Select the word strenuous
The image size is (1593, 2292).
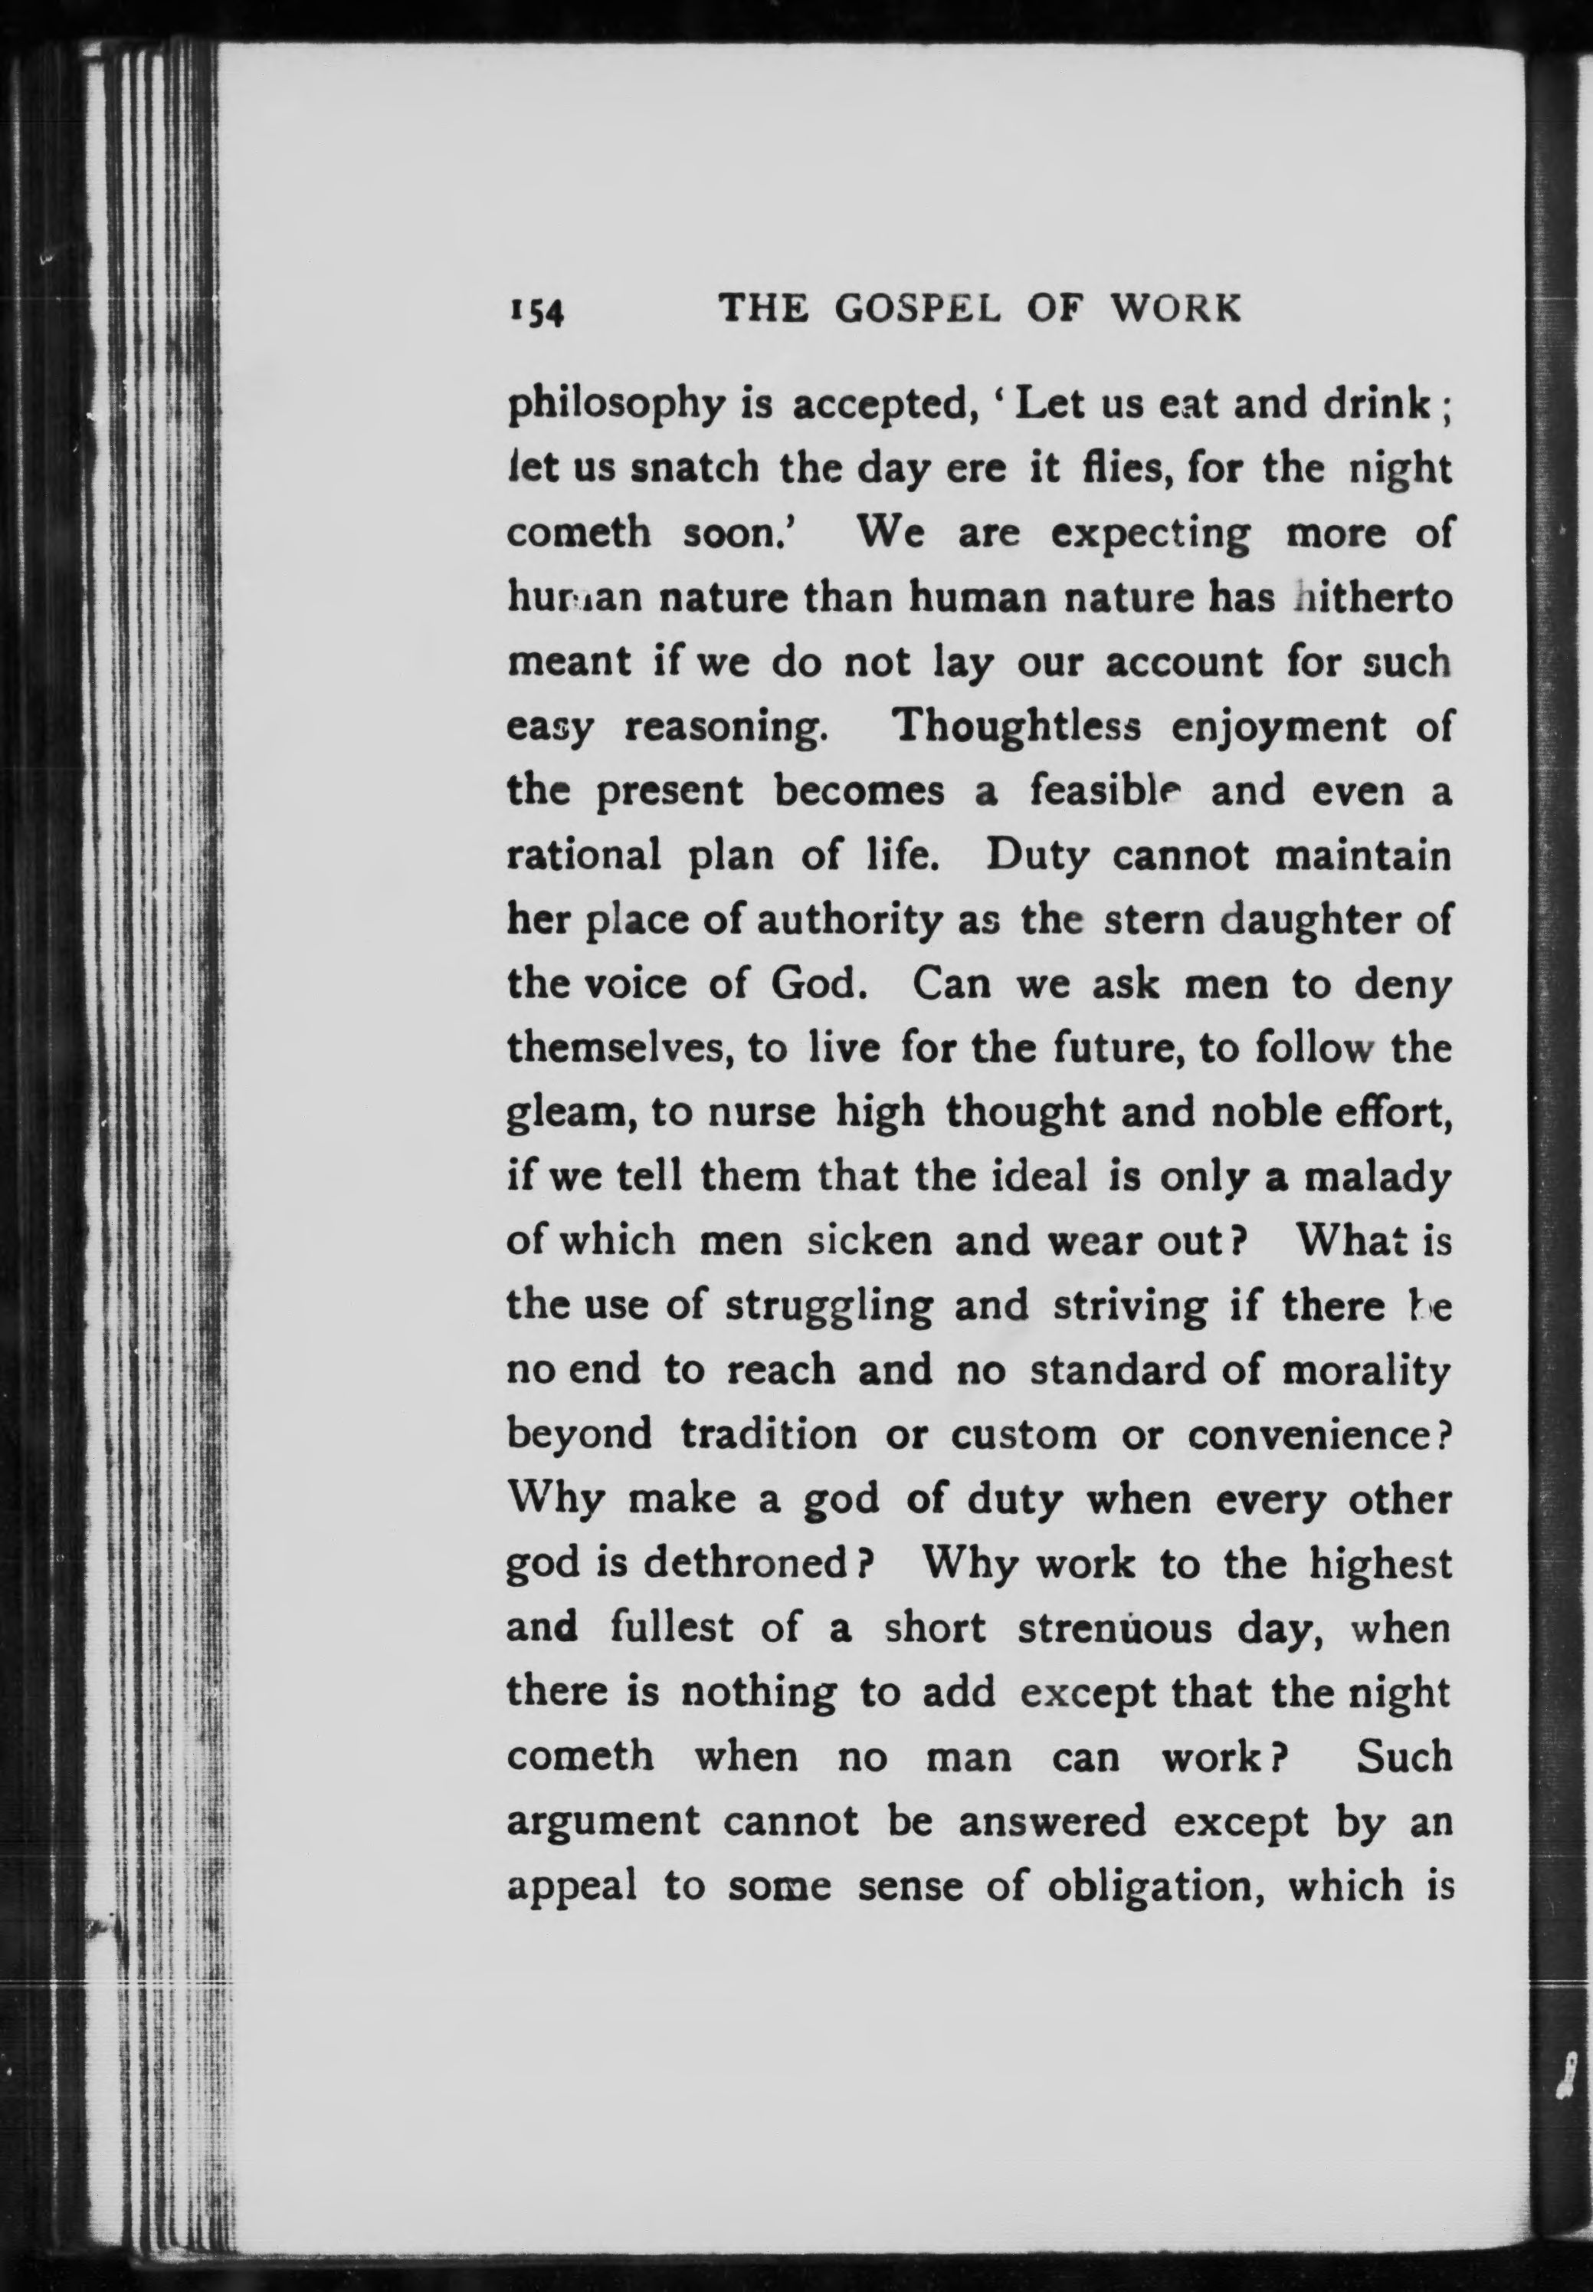coord(1115,1628)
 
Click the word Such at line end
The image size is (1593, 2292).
coord(1404,1756)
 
